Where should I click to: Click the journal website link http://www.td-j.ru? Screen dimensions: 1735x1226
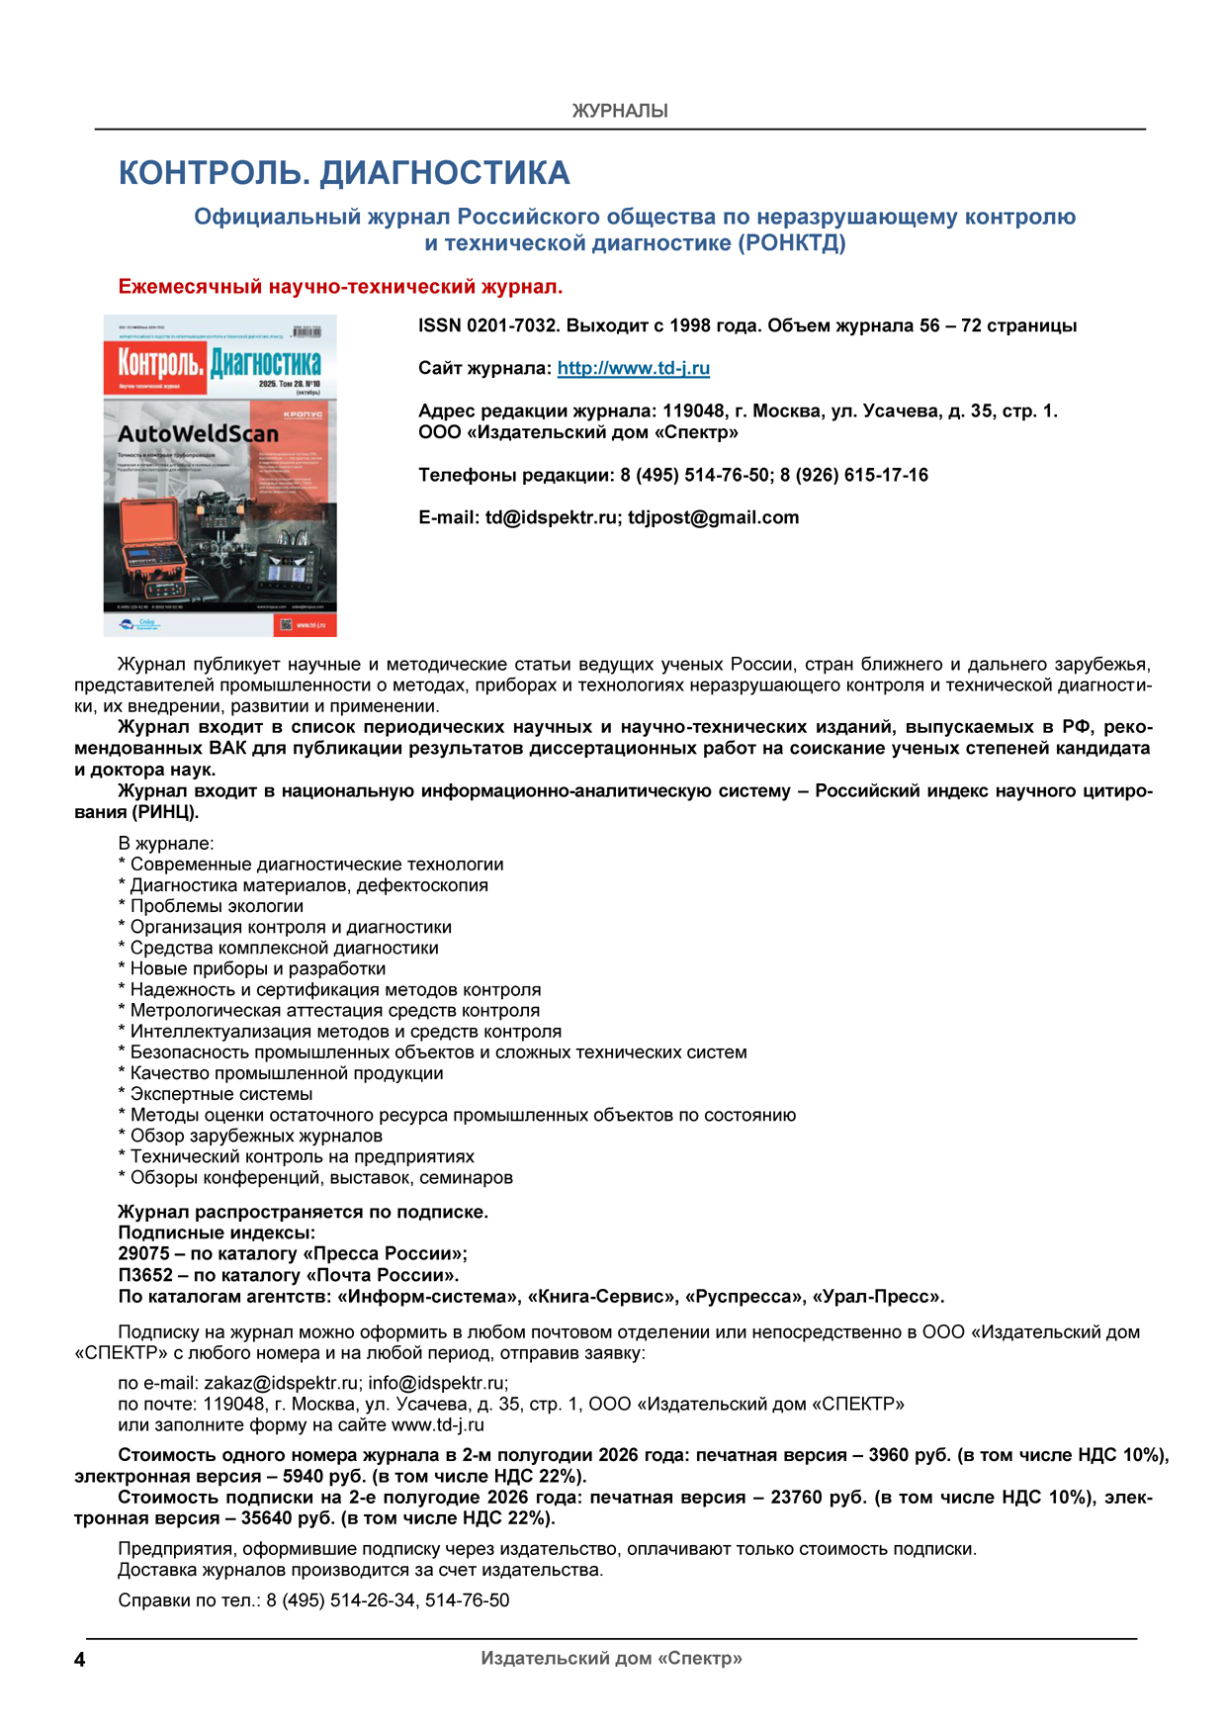pos(633,368)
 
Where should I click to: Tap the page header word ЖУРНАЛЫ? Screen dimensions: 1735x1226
pos(620,111)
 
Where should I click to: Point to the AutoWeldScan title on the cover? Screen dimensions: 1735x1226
pos(198,433)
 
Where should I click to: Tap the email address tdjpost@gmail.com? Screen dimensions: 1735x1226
pos(713,517)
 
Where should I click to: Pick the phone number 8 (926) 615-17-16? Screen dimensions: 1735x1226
pos(854,475)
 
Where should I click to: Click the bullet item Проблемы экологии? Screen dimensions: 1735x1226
pos(217,906)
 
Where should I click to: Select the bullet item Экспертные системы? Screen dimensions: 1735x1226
pos(221,1094)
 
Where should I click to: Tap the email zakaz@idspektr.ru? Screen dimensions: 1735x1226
pos(281,1383)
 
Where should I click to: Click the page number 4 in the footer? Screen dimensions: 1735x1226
pos(80,1660)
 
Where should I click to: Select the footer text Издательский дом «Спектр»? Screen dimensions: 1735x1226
pos(611,1658)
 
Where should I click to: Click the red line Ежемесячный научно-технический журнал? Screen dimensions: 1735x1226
pos(340,287)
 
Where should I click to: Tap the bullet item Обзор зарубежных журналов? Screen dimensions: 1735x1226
pos(256,1136)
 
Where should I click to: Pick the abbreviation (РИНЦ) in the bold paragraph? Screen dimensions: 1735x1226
pos(165,812)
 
